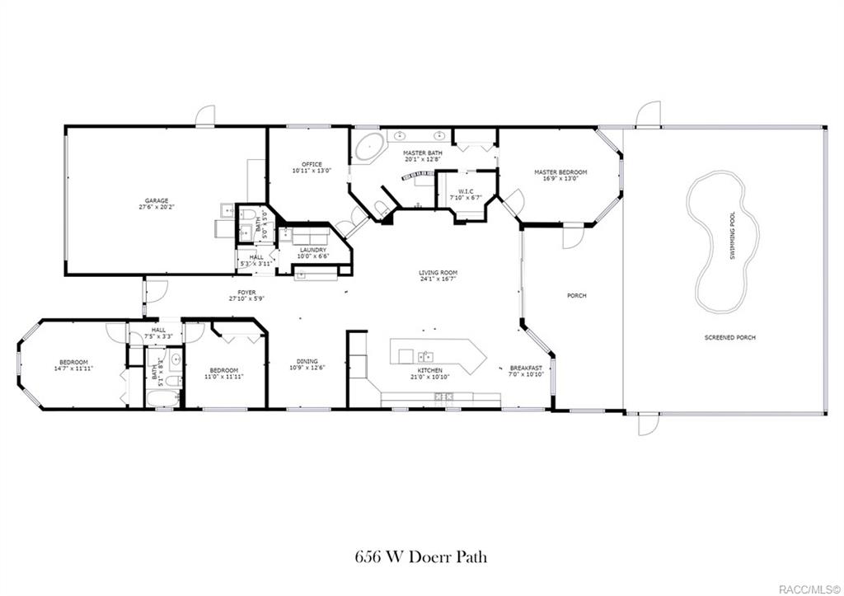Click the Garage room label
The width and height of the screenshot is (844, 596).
coord(157,200)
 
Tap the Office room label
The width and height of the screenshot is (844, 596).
coord(312,164)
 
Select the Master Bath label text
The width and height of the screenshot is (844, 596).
coord(422,153)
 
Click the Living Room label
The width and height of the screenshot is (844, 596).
coord(438,273)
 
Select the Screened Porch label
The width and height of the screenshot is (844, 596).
coord(729,337)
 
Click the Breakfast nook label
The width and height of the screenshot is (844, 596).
coord(526,368)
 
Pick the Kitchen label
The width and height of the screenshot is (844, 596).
coord(429,371)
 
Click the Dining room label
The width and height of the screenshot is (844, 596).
coord(307,360)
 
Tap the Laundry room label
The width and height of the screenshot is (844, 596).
coord(312,250)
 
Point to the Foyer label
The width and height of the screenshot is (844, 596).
coord(246,293)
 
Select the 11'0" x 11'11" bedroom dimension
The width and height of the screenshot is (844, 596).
coord(223,377)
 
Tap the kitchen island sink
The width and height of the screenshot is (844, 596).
coord(426,356)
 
